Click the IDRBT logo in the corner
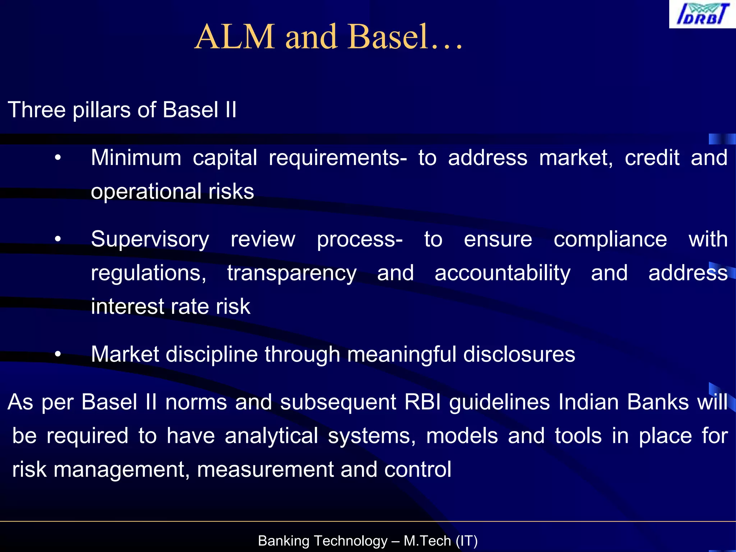[x=702, y=14]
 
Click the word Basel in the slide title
[x=388, y=37]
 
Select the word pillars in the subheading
[x=101, y=110]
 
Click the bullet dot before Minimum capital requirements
[x=58, y=158]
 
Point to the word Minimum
[x=136, y=158]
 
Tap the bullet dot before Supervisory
[x=58, y=239]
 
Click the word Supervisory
[x=150, y=239]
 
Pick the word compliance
[x=610, y=239]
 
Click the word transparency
[x=291, y=273]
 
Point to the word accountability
[x=502, y=273]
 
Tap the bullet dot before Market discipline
[x=58, y=355]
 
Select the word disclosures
[x=519, y=355]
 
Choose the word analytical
[x=271, y=436]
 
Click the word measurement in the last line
[x=265, y=470]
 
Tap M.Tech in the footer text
[x=427, y=541]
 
